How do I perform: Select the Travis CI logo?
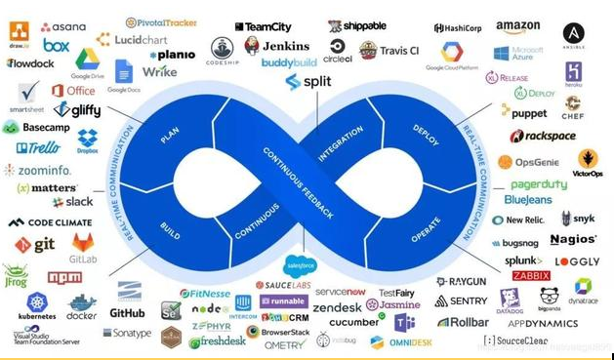(389, 49)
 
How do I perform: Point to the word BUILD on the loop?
(170, 220)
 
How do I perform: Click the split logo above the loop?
(307, 81)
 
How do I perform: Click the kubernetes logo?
(37, 304)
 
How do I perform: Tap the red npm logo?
(64, 277)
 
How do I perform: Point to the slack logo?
(72, 201)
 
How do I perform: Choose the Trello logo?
(37, 148)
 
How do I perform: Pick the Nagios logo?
(573, 239)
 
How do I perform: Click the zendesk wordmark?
(337, 307)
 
